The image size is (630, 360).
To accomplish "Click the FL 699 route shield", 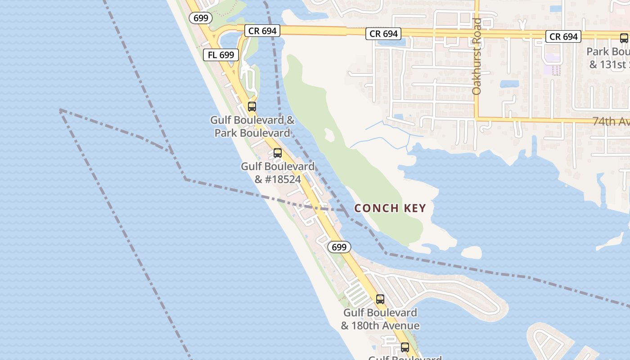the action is click(221, 55).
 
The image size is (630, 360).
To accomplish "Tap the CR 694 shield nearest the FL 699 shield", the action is click(262, 31).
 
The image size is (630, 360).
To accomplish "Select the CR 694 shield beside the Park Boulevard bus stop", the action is click(564, 36).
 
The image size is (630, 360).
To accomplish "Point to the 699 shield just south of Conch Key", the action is click(339, 247).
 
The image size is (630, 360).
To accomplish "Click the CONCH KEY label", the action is click(390, 208).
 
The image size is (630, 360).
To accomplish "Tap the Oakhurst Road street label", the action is click(477, 56).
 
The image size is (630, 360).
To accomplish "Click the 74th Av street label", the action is click(611, 121).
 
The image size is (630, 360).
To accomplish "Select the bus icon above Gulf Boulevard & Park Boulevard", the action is click(252, 107).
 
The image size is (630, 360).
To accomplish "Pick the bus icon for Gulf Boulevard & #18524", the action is click(278, 153).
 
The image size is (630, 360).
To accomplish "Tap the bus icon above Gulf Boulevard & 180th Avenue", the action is click(380, 299).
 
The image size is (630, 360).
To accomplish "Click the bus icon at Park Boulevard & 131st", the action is click(624, 38).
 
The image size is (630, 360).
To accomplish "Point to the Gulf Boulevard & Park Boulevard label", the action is click(252, 127).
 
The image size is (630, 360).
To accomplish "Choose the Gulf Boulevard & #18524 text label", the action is click(278, 173).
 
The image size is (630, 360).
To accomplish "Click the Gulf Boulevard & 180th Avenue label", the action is click(380, 319).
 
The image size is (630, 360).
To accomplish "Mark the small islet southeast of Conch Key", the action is click(471, 252).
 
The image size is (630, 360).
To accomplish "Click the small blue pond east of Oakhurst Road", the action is click(509, 84).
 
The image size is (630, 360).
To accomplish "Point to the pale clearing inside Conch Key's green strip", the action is click(329, 134).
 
